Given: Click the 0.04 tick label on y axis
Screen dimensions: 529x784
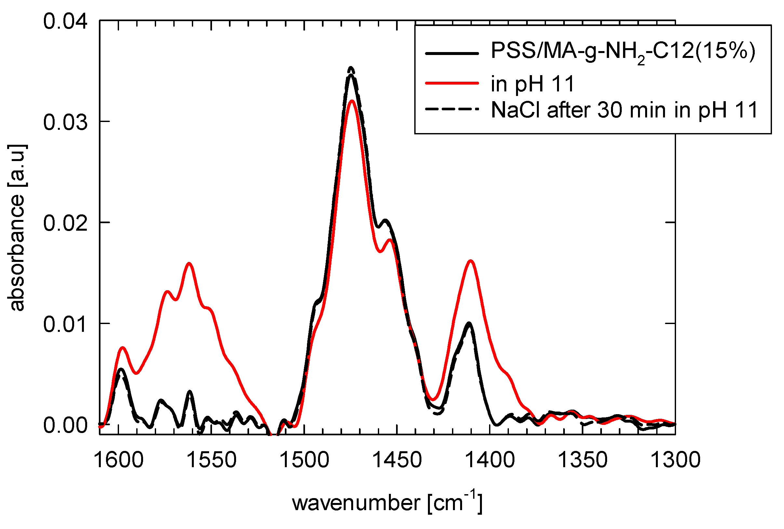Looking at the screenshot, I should coord(65,21).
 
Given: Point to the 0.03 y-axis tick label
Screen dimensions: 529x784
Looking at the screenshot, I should coord(65,122).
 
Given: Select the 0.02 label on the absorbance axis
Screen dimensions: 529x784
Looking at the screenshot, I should coord(65,223).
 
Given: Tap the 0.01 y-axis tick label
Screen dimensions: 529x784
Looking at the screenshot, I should coord(65,324).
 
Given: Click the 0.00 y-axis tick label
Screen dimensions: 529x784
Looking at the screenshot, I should coord(65,425).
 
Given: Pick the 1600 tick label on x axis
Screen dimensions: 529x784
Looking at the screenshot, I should coord(119,459).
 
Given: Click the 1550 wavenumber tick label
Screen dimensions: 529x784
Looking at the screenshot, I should coord(212,459).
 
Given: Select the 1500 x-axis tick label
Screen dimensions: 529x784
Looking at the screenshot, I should coord(304,459).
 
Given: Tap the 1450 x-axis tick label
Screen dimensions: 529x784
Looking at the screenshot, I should coord(397,459).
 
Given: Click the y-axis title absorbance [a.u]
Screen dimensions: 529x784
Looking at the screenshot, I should coord(17,227).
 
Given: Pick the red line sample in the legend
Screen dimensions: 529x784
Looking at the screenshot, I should coord(452,83).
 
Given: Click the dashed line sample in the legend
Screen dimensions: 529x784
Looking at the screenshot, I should coord(452,109).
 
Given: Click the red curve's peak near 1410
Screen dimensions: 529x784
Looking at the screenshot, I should coord(471,261).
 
